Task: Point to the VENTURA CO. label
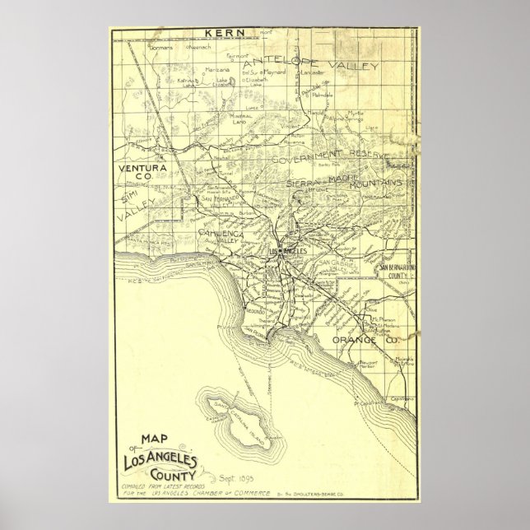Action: [x=143, y=172]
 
